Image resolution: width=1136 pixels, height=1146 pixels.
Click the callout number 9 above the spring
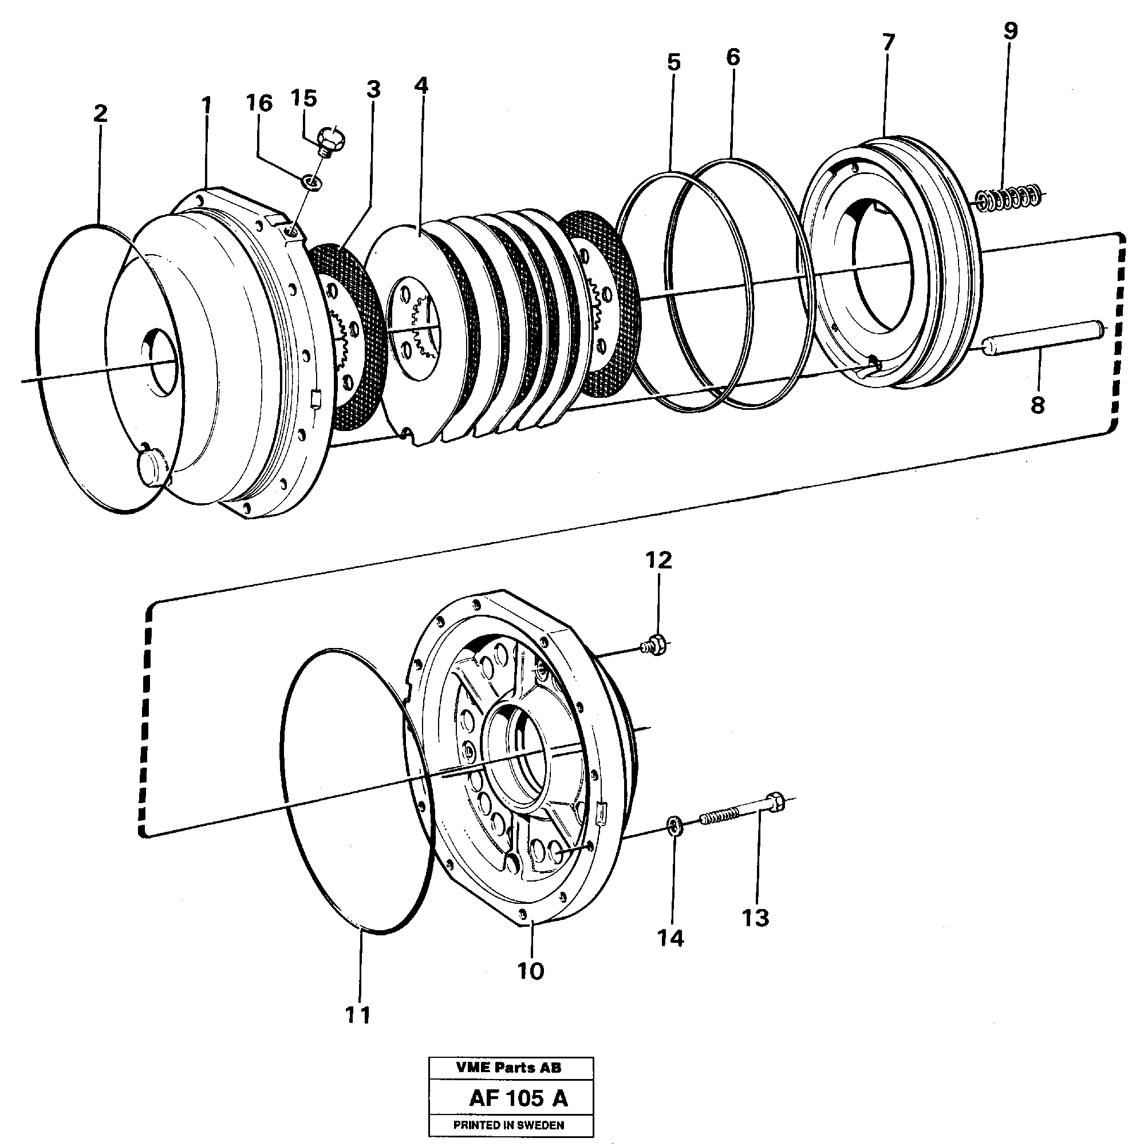[1010, 31]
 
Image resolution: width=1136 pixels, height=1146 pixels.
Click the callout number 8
[1037, 405]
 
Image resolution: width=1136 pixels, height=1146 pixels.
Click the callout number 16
[259, 103]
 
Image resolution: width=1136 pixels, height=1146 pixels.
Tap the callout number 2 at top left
[100, 113]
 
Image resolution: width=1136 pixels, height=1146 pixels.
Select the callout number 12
[658, 560]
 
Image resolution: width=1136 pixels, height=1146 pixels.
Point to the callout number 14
[670, 938]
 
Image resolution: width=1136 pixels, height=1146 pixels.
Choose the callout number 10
[530, 971]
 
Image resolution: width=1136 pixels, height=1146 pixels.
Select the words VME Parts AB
[508, 1068]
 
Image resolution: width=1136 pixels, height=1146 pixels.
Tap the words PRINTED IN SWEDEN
[508, 1125]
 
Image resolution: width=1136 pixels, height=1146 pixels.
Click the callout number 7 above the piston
[888, 43]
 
